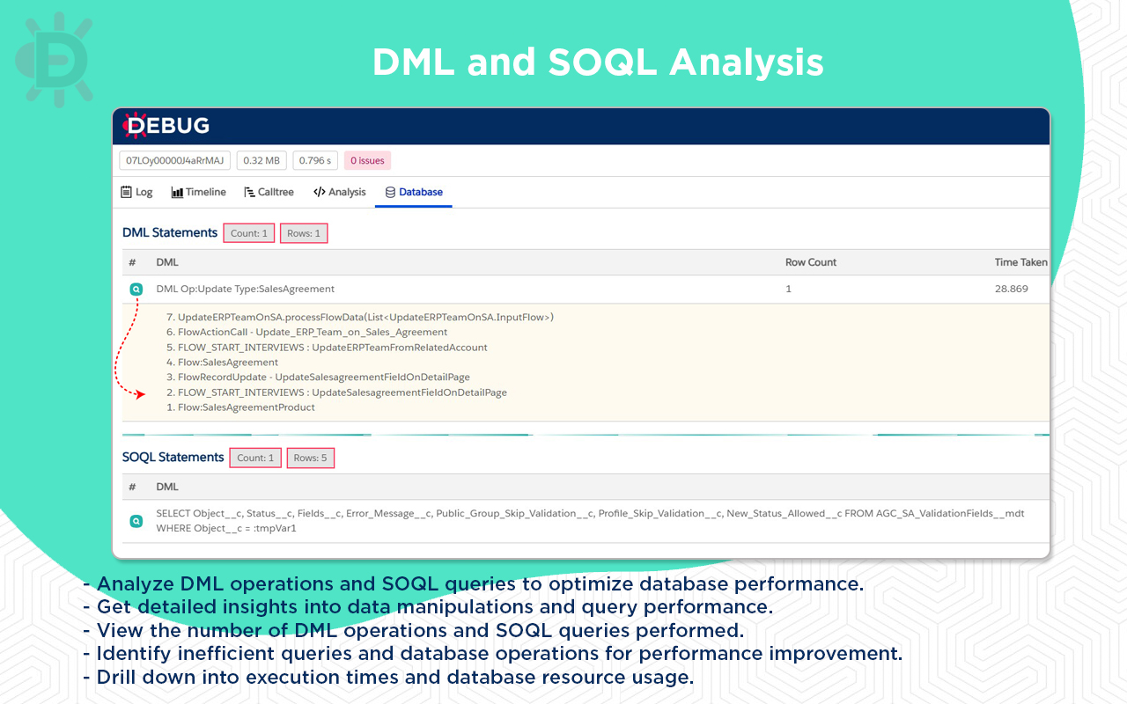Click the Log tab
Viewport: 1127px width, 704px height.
point(136,192)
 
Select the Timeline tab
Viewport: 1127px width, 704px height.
point(198,192)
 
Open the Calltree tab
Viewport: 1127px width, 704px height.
point(269,192)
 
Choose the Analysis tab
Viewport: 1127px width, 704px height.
point(339,192)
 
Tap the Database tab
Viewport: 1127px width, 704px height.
point(414,192)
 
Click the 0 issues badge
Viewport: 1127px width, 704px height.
point(367,160)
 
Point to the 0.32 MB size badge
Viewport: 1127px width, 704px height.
point(261,160)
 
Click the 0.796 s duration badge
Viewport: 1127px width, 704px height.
point(315,160)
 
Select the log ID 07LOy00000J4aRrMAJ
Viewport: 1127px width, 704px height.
point(175,160)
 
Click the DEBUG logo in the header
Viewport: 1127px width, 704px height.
point(166,126)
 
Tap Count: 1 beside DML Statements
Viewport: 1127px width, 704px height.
point(249,233)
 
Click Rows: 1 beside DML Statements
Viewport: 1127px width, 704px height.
point(304,233)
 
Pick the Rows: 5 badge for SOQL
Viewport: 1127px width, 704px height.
point(310,458)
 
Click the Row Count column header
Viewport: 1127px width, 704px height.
point(810,262)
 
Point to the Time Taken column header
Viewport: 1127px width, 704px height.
point(1020,262)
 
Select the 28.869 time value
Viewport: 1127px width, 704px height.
point(1011,289)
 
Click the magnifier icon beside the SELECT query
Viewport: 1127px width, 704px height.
point(136,521)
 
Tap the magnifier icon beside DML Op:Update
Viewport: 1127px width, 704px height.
point(136,289)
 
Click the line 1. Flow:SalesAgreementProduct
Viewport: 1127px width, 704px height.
point(240,407)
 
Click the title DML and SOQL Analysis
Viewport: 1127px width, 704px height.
point(598,62)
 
